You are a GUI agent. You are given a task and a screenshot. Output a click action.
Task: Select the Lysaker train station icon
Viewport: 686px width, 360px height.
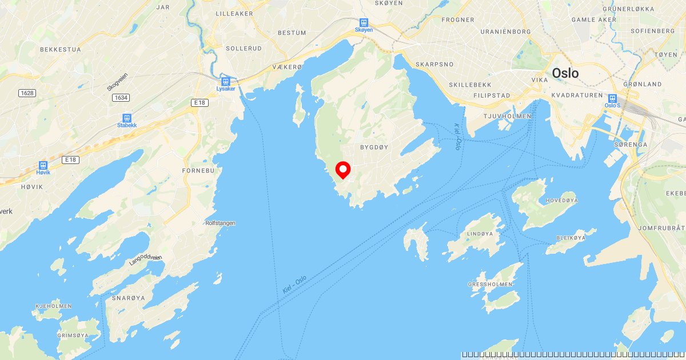click(x=226, y=81)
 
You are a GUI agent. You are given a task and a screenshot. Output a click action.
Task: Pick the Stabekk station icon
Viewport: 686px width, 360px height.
click(x=126, y=118)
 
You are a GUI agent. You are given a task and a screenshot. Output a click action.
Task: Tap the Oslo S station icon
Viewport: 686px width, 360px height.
click(x=612, y=98)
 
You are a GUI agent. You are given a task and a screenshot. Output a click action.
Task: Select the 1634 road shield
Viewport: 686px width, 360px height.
click(x=121, y=98)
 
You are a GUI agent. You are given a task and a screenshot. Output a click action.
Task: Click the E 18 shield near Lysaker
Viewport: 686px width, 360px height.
click(x=199, y=102)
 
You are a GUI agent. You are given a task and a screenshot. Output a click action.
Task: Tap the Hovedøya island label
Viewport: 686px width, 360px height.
click(x=562, y=201)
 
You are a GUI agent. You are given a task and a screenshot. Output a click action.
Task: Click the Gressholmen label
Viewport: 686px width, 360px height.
click(x=490, y=284)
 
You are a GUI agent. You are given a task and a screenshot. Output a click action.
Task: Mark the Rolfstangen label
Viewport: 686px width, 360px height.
click(x=220, y=223)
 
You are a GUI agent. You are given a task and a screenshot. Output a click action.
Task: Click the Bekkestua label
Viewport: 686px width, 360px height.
click(x=61, y=50)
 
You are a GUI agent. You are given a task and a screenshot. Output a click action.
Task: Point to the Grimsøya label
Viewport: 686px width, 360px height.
click(x=72, y=335)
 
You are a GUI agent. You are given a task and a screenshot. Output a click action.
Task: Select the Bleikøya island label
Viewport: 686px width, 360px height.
click(x=572, y=238)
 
